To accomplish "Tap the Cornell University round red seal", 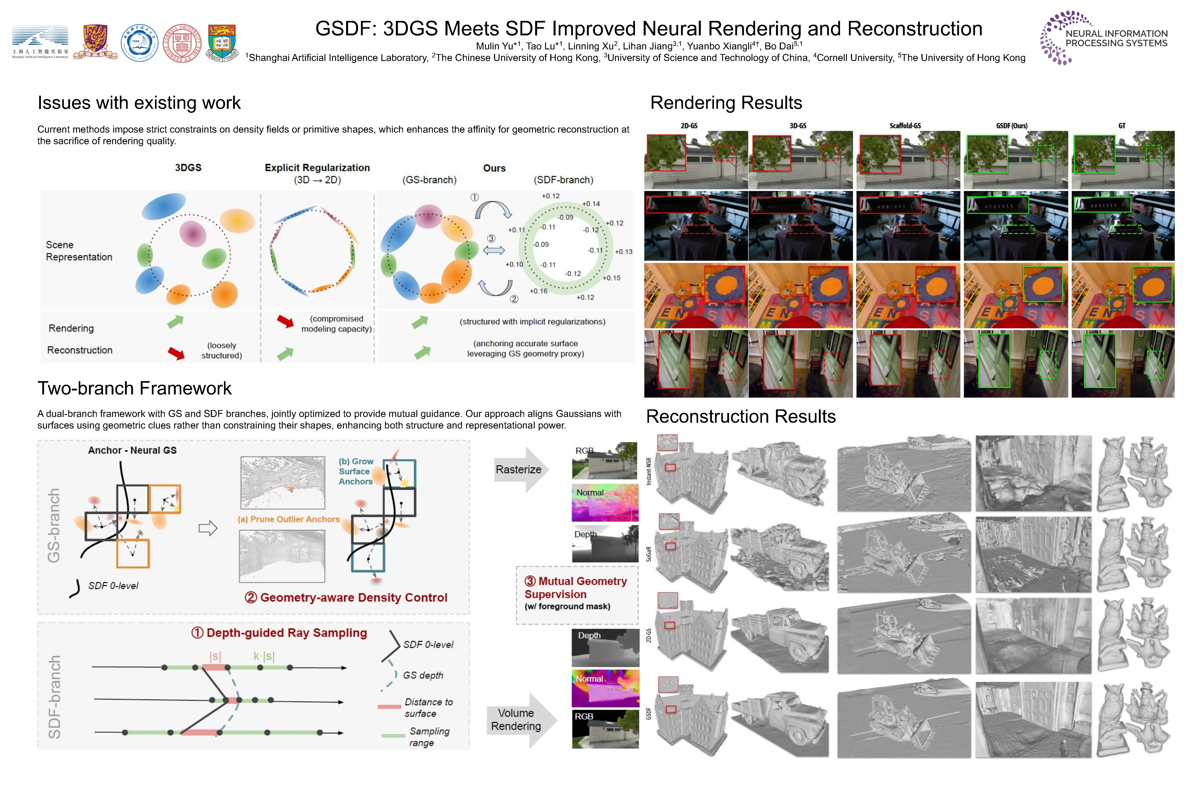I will click(182, 43).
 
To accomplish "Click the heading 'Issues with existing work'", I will click(139, 103).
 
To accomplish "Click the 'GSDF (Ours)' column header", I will click(1012, 126).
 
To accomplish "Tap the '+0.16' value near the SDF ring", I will click(538, 291).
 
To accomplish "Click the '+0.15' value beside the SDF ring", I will click(611, 278).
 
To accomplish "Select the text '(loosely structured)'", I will click(222, 350).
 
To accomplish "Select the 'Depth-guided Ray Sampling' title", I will click(279, 633).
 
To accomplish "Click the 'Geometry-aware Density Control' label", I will click(346, 598).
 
